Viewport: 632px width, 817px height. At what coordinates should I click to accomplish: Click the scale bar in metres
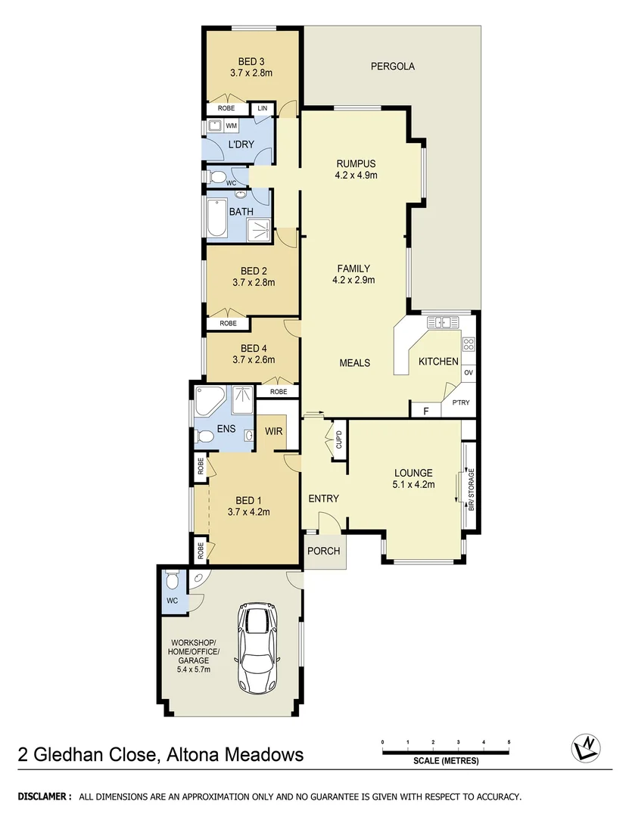[446, 751]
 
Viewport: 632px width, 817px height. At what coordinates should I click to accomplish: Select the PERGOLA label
[392, 67]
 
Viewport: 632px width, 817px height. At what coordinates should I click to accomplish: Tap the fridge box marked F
[426, 411]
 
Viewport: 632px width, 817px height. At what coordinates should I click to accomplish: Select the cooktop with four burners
[469, 345]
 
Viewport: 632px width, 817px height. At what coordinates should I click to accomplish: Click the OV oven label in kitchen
[469, 373]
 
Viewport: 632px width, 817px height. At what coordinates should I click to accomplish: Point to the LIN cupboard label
[263, 109]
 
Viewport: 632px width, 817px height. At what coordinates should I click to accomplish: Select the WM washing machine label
[231, 126]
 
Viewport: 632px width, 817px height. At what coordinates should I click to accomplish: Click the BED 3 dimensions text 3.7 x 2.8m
[251, 73]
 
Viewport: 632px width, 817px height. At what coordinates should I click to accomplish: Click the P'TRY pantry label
[460, 402]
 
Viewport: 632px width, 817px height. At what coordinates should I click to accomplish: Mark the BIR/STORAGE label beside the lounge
[471, 490]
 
